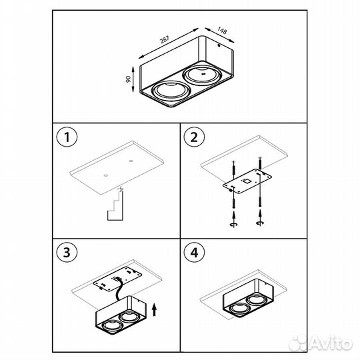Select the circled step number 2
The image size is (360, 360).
[194, 139]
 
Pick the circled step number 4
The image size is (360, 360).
[194, 253]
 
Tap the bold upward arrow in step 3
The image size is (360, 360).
[154, 309]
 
